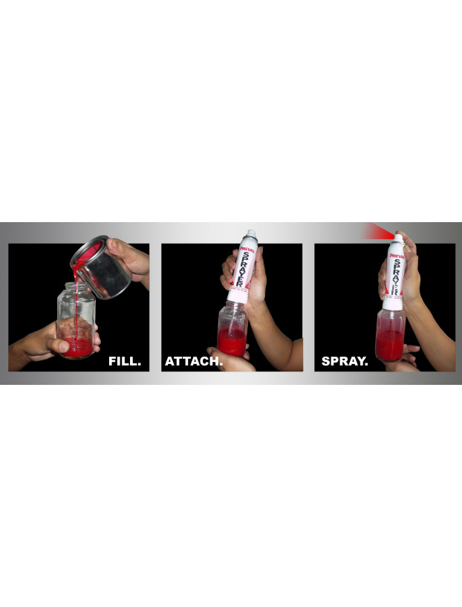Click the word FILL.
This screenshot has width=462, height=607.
125,362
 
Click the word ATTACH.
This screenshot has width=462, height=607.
194,362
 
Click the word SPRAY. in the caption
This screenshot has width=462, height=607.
345,362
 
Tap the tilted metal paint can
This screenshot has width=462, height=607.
102,268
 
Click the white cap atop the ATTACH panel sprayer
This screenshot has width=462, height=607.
251,234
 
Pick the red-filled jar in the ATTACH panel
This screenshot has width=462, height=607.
232,331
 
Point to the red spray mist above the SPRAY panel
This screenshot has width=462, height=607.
375,232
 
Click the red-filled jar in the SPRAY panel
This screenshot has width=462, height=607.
391,336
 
